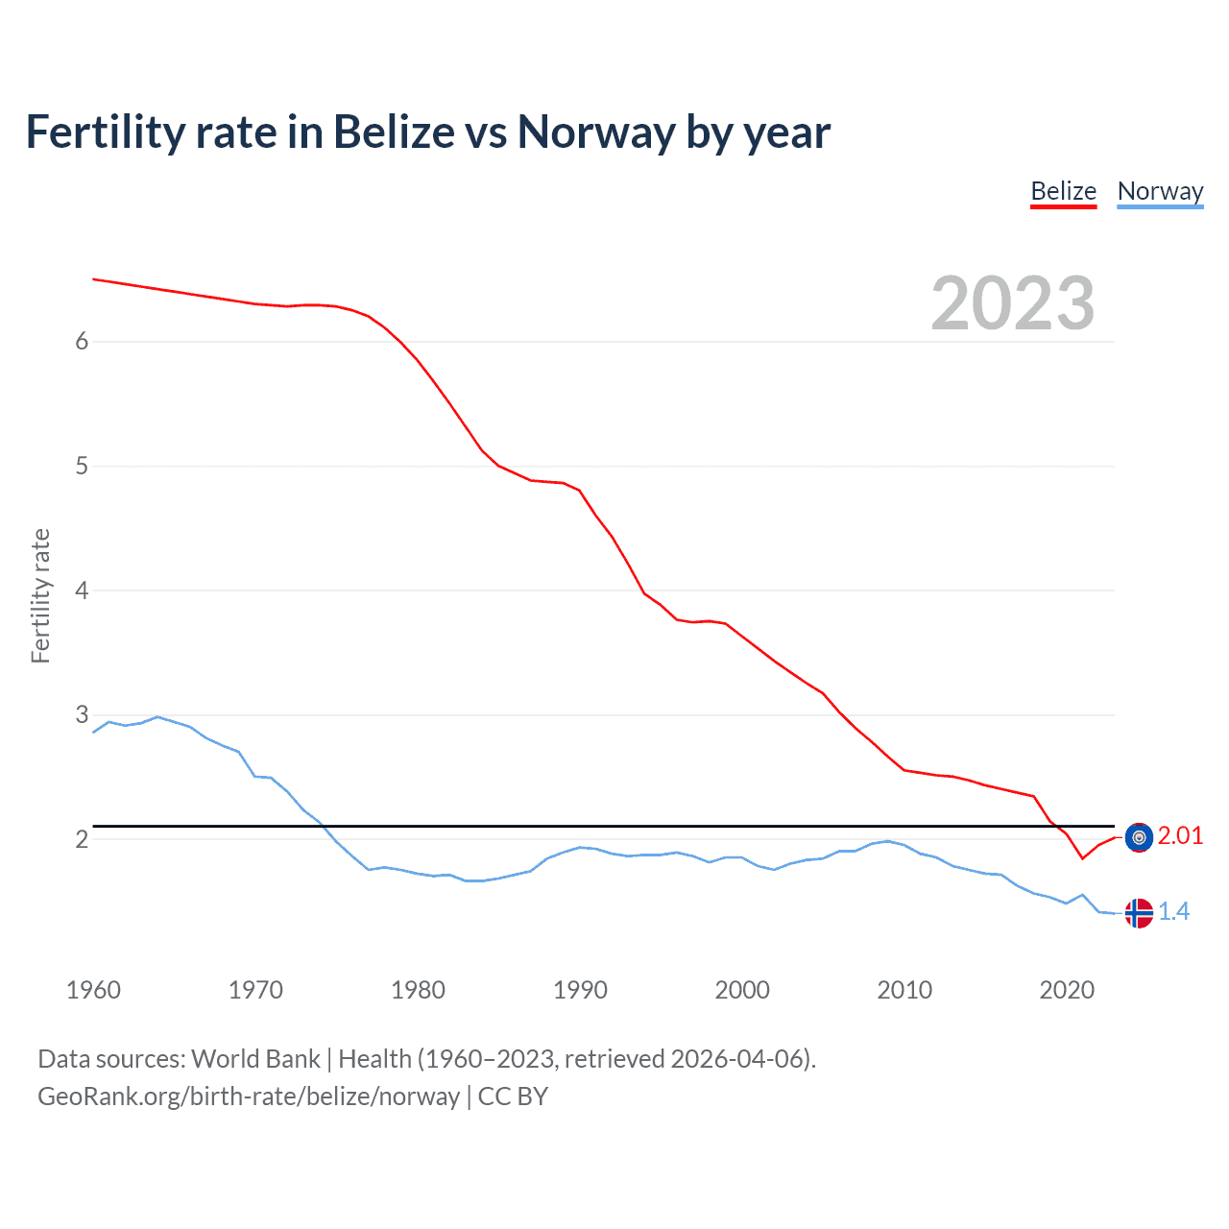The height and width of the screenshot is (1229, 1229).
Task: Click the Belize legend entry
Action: [1063, 191]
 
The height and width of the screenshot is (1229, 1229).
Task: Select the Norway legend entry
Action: [1160, 191]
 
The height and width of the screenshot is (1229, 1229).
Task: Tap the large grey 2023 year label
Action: [1012, 303]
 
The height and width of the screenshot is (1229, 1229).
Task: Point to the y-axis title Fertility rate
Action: [40, 595]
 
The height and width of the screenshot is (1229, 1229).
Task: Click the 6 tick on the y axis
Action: [82, 341]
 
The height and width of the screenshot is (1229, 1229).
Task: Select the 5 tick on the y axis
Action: [82, 466]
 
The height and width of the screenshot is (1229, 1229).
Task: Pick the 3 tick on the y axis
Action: [82, 714]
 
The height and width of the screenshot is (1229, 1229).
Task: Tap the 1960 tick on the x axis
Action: [93, 990]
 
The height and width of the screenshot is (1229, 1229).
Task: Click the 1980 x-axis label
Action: [418, 990]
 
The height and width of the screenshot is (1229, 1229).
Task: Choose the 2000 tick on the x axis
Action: [742, 990]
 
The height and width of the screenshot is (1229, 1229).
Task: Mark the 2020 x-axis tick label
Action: [1067, 990]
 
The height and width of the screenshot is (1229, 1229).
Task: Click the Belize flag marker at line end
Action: [1139, 837]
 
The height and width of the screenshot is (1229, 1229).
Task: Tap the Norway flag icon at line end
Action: [1139, 912]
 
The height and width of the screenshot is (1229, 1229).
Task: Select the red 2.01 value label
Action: [1180, 836]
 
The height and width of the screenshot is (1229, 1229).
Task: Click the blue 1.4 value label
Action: [1173, 911]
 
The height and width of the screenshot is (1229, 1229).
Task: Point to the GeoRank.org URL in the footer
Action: [249, 1096]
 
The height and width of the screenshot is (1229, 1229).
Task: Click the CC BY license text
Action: [513, 1096]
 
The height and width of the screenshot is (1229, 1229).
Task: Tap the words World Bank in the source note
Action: [255, 1059]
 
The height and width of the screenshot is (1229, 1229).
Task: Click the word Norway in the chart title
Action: [595, 132]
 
